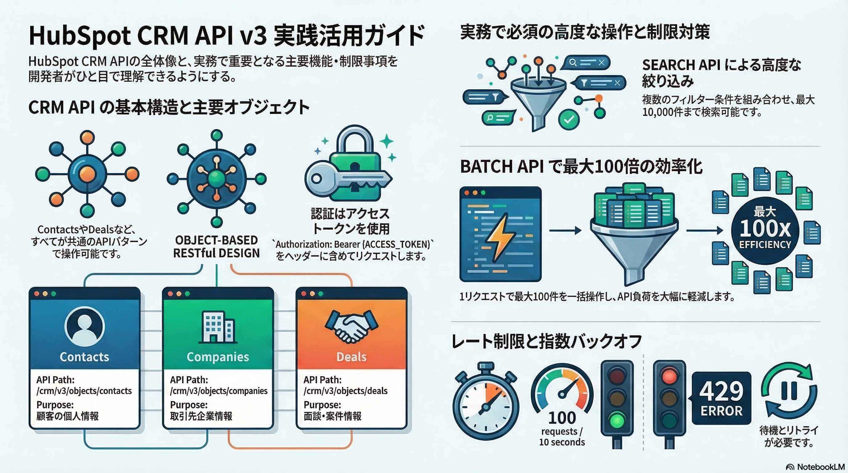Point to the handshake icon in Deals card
tap(351, 325)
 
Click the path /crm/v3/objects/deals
tap(345, 391)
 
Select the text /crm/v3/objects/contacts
tap(84, 391)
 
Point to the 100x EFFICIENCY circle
tap(765, 231)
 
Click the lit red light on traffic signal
tap(669, 376)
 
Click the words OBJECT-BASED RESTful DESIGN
tap(216, 247)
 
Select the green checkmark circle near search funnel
tap(569, 120)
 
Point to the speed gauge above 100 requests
tap(562, 388)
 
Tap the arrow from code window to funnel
tap(565, 231)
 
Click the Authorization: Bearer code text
tap(352, 245)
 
